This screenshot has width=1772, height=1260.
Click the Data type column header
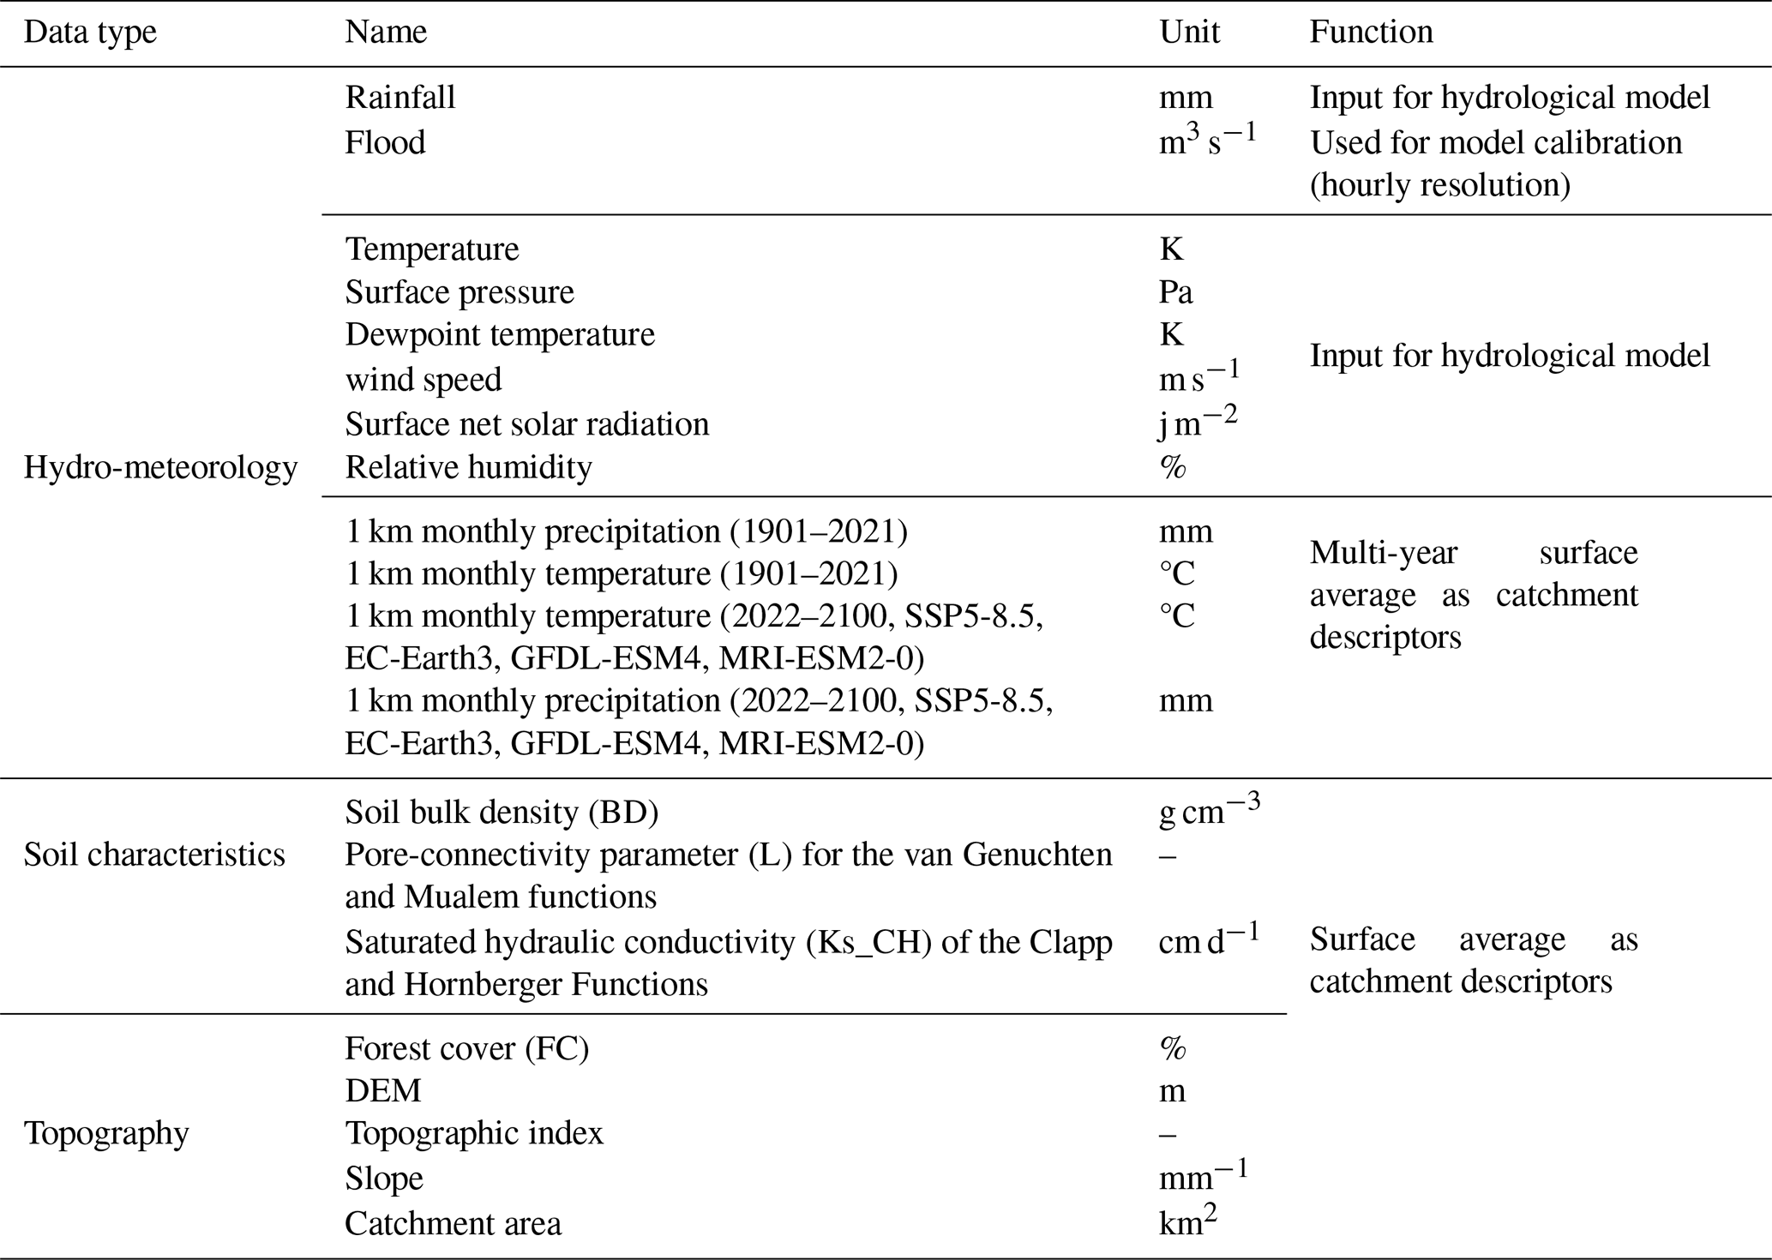coord(90,33)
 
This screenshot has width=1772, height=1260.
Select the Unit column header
coord(1189,33)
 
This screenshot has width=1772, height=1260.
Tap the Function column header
coord(1371,33)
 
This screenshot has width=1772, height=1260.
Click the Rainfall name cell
coord(400,98)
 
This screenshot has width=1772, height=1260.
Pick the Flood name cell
coord(385,142)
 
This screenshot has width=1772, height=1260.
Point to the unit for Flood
coord(1206,141)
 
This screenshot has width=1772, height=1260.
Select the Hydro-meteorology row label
coord(160,467)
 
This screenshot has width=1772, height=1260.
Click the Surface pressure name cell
coord(460,292)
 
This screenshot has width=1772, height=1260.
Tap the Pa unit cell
coord(1175,292)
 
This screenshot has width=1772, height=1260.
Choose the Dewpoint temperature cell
coord(500,334)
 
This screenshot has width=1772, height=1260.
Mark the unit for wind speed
coord(1198,377)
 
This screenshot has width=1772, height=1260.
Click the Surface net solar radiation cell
coord(527,424)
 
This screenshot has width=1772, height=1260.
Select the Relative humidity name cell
coord(468,467)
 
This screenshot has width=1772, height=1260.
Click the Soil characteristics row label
coord(154,855)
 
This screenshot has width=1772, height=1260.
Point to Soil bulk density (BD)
coord(502,812)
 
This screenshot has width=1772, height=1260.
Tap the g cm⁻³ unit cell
coord(1209,810)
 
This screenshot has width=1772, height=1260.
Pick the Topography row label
coord(106,1133)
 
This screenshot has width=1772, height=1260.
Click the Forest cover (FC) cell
coord(467,1048)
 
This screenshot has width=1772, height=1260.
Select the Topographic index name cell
coord(474,1133)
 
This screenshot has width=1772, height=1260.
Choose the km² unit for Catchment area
coord(1187,1221)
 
